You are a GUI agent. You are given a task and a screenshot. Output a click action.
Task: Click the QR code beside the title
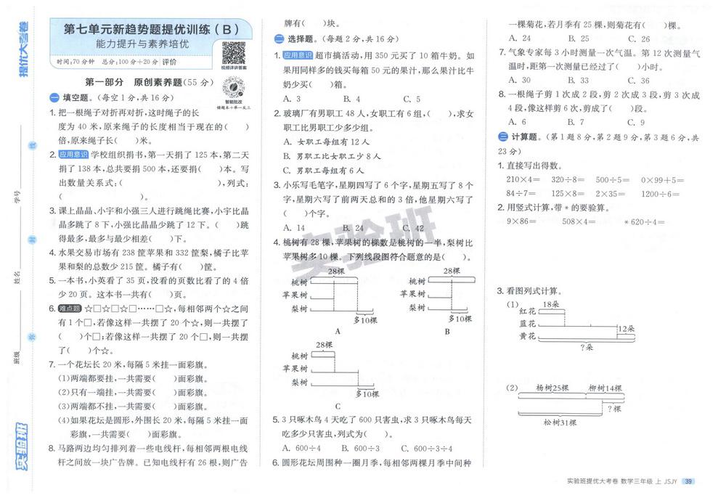click(x=233, y=53)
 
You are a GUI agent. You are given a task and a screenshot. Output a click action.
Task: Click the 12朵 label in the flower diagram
click(x=627, y=328)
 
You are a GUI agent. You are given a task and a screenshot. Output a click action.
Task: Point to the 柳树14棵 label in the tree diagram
click(x=605, y=388)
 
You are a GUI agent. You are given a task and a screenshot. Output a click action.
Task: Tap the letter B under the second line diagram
click(x=447, y=331)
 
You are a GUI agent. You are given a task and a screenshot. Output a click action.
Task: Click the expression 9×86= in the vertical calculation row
click(x=521, y=222)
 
